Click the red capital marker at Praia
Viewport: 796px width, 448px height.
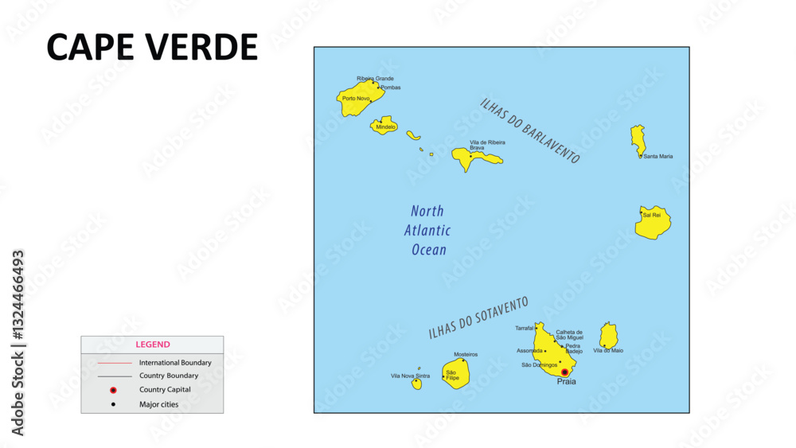(x=564, y=372)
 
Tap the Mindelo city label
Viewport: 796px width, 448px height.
(x=385, y=127)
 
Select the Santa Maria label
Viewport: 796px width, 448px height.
(x=657, y=156)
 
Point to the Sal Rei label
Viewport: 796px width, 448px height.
(x=651, y=215)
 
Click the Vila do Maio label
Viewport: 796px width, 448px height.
(x=608, y=350)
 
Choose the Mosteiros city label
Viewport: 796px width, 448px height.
(x=466, y=354)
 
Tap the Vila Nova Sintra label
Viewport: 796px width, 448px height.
(x=410, y=376)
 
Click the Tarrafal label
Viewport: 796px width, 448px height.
(x=524, y=328)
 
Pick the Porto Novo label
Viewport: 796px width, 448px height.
(x=356, y=99)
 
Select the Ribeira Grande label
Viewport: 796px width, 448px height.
(x=375, y=79)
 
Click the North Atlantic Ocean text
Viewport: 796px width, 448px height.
(x=428, y=231)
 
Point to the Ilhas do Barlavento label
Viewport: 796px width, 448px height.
(x=529, y=131)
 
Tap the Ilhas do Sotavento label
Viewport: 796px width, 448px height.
(x=478, y=318)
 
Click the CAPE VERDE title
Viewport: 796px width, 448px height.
(x=152, y=48)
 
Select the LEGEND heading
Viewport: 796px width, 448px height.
(x=152, y=345)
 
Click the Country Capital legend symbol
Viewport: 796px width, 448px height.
(x=113, y=390)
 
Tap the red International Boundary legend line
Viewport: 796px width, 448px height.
(x=113, y=363)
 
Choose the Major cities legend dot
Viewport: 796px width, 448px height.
(x=113, y=404)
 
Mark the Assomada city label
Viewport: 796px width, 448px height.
(x=529, y=350)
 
